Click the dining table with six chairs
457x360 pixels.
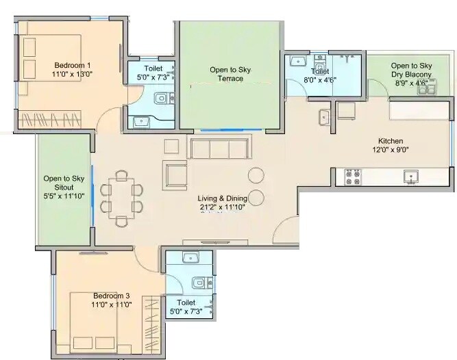pyautogui.click(x=122, y=197)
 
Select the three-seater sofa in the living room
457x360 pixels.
pyautogui.click(x=219, y=147)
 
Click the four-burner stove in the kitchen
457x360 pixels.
pyautogui.click(x=353, y=177)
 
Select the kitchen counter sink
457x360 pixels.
pyautogui.click(x=410, y=177)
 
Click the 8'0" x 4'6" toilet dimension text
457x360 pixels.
pyautogui.click(x=319, y=80)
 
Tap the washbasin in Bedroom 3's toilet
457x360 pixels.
pyautogui.click(x=191, y=258)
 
